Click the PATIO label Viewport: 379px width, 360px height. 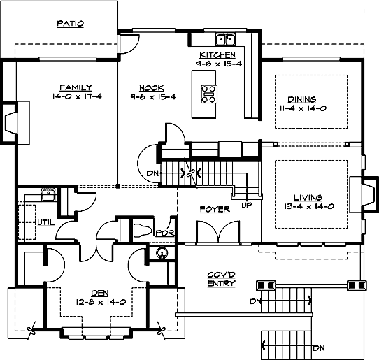pyautogui.click(x=71, y=24)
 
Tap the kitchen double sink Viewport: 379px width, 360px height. pyautogui.click(x=225, y=39)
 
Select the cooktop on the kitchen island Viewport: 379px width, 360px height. pyautogui.click(x=209, y=94)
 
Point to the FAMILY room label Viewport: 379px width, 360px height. pyautogui.click(x=76, y=87)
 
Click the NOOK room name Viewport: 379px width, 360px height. pyautogui.click(x=152, y=88)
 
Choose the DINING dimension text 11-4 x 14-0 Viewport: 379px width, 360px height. pyautogui.click(x=303, y=108)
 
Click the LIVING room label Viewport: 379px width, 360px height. pyautogui.click(x=308, y=198)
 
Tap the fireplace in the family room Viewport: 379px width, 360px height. pyautogui.click(x=11, y=123)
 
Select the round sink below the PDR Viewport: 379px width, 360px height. pyautogui.click(x=162, y=253)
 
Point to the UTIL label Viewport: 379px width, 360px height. pyautogui.click(x=46, y=222)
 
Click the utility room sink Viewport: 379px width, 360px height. pyautogui.click(x=49, y=195)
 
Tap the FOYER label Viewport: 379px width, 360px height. pyautogui.click(x=215, y=209)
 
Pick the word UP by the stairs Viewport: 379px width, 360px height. pyautogui.click(x=247, y=205)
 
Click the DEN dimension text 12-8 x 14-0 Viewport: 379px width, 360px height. pyautogui.click(x=101, y=302)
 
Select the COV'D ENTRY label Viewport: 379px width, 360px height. pyautogui.click(x=222, y=279)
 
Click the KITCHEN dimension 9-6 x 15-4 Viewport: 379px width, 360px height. pyautogui.click(x=219, y=64)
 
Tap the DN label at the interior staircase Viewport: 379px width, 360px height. pyautogui.click(x=152, y=173)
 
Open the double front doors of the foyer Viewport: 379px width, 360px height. pyautogui.click(x=218, y=231)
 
